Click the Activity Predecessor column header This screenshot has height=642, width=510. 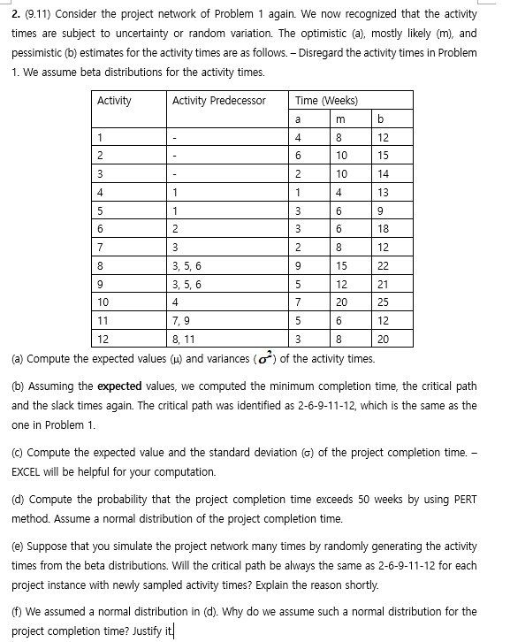(x=218, y=100)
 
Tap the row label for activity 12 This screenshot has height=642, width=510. (x=103, y=339)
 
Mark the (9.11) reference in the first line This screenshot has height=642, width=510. (x=37, y=15)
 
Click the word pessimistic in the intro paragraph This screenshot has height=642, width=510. (x=37, y=52)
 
